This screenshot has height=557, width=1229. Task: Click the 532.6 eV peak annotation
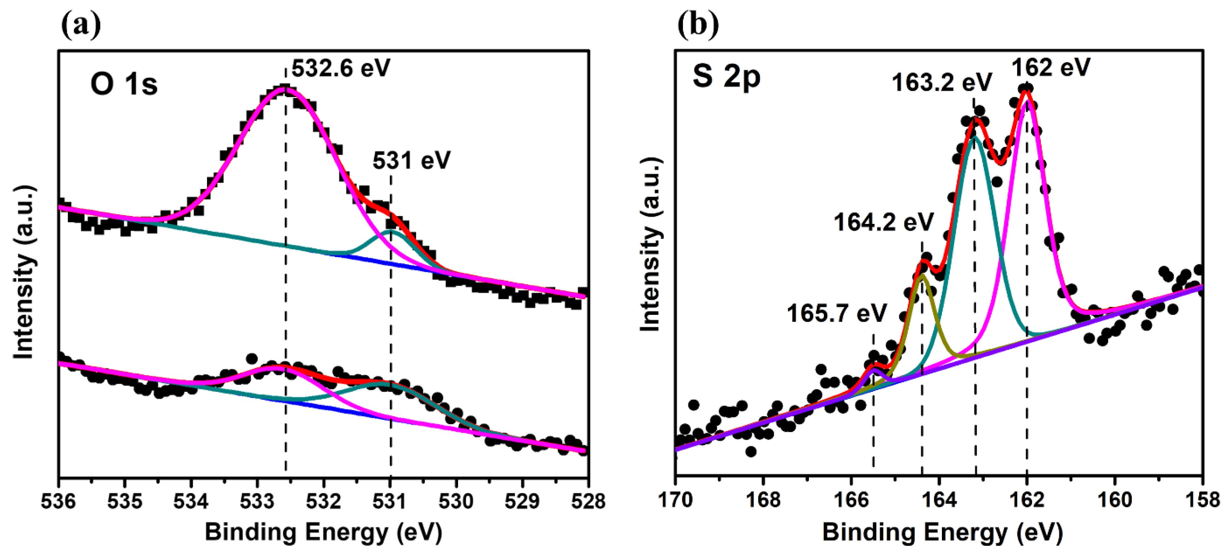(x=341, y=68)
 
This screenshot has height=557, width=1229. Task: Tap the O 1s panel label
(x=124, y=84)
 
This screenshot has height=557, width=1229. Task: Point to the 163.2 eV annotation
(x=941, y=82)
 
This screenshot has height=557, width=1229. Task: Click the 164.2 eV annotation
(x=883, y=222)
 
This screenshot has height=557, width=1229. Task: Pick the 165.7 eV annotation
(x=836, y=313)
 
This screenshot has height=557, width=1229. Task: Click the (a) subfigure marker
(x=81, y=25)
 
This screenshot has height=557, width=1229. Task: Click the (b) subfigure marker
(x=698, y=25)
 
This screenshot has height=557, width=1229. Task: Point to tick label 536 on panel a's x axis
(x=58, y=501)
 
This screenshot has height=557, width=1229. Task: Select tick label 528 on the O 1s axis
(x=588, y=501)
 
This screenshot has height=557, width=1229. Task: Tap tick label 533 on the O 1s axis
(x=257, y=501)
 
